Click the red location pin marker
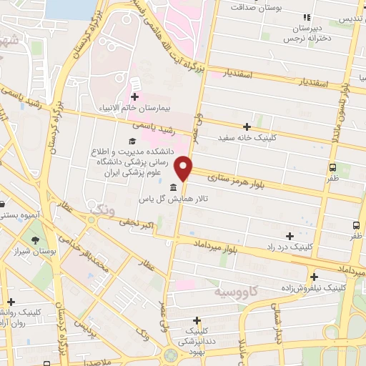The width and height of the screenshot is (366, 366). tap(185, 167)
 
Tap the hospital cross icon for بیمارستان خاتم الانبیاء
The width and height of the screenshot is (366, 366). tap(134, 96)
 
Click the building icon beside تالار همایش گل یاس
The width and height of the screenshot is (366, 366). tap(173, 187)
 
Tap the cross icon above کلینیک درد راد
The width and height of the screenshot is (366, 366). tap(290, 236)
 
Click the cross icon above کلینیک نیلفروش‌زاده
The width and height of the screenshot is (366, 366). tap(313, 276)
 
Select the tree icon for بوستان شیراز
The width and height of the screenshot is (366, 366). tap(34, 240)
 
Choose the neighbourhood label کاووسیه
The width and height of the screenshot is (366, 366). tap(237, 293)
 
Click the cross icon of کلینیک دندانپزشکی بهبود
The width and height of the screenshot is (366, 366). tap(197, 321)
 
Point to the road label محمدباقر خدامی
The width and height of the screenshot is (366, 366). tap(81, 257)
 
